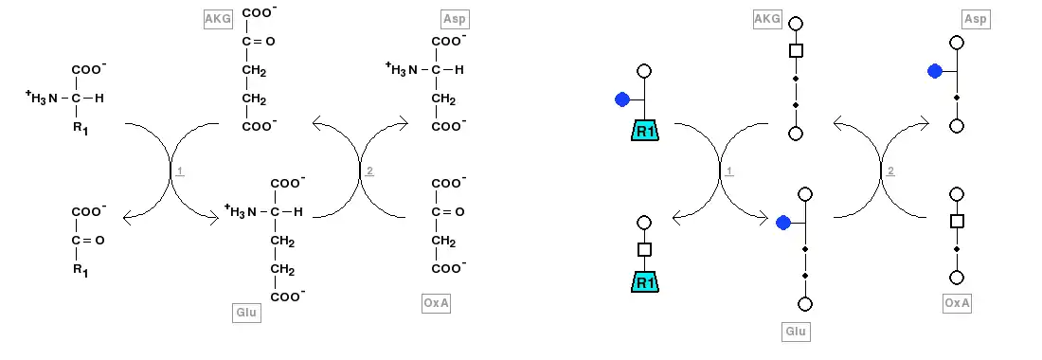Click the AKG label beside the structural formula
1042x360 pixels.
click(218, 19)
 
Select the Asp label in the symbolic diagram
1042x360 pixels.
click(976, 19)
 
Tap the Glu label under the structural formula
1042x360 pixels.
click(246, 313)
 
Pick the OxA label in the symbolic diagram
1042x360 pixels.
click(958, 303)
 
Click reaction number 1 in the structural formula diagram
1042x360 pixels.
click(180, 171)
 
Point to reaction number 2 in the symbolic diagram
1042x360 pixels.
click(890, 171)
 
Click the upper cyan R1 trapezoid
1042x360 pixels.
click(644, 131)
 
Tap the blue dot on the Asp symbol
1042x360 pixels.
click(935, 71)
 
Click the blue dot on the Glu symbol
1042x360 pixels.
click(783, 223)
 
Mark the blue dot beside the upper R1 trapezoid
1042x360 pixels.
click(622, 99)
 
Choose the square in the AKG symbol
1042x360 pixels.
click(796, 50)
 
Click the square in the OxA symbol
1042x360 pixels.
click(957, 221)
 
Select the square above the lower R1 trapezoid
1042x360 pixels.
click(644, 250)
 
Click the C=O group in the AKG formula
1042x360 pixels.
click(258, 41)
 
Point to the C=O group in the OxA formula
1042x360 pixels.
click(447, 212)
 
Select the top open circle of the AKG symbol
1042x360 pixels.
click(796, 24)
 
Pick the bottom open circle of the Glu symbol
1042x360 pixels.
click(805, 304)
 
